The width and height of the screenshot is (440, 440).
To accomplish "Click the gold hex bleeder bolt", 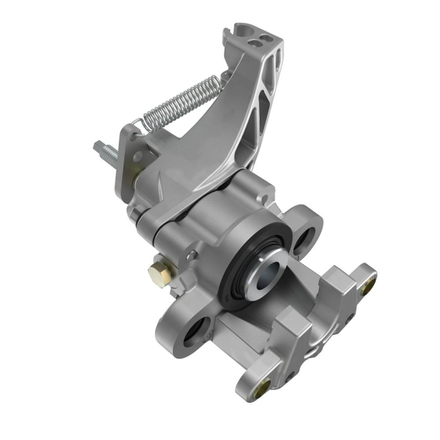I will point(158,274).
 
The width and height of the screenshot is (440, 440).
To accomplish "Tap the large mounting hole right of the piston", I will point(307,238).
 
